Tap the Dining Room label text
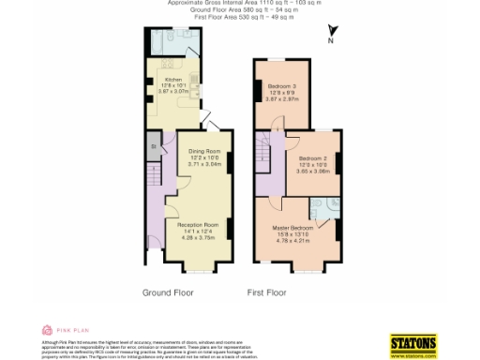[x=204, y=151]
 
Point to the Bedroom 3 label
[x=281, y=86]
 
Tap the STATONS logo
[x=413, y=344]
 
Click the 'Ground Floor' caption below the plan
[x=169, y=292]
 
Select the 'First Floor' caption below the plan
[x=267, y=292]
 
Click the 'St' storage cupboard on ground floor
[x=154, y=147]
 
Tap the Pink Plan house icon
[x=47, y=330]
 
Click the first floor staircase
[x=265, y=159]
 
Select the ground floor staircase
[x=153, y=172]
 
